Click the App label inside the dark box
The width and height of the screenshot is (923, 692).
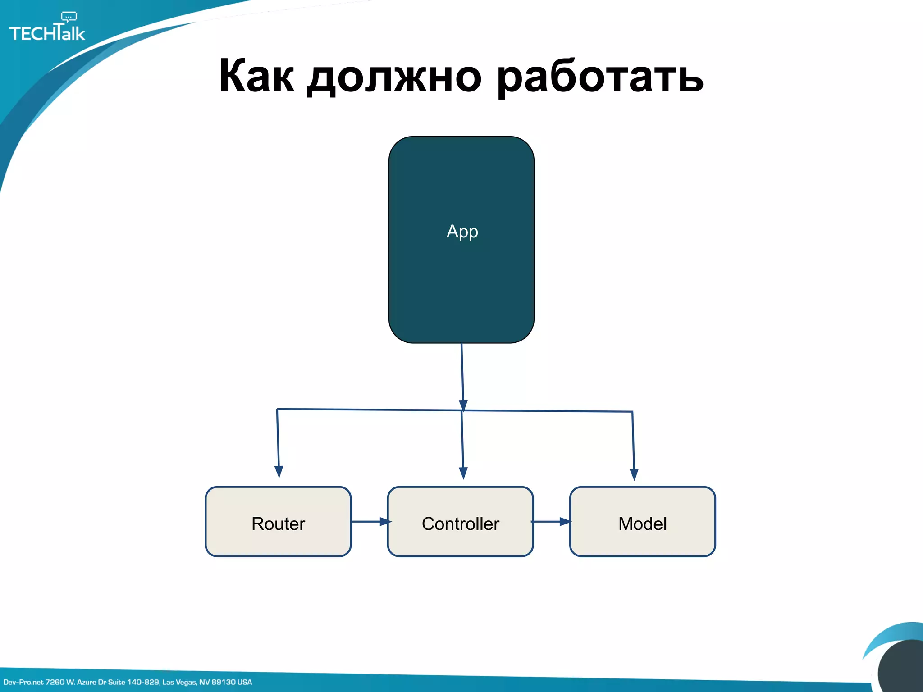(462, 232)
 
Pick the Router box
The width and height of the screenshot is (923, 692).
(278, 522)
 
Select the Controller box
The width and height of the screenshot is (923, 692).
(460, 522)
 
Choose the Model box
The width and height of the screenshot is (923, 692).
(642, 522)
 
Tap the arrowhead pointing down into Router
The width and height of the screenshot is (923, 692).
(279, 472)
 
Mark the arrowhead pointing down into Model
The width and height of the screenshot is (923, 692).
(634, 474)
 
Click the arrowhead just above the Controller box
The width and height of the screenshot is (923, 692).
(463, 473)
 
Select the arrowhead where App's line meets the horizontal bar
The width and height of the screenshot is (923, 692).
(463, 405)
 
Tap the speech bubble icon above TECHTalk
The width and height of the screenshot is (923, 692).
(69, 17)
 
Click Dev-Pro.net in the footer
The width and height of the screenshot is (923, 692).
(23, 682)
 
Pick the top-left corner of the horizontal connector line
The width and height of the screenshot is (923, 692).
(277, 409)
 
